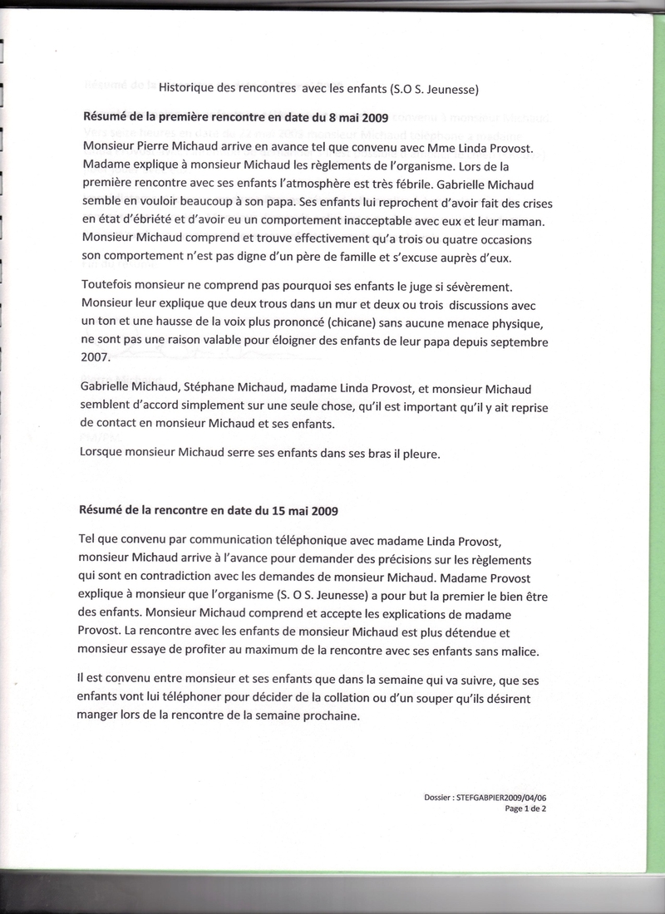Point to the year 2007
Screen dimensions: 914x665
pos(96,359)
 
